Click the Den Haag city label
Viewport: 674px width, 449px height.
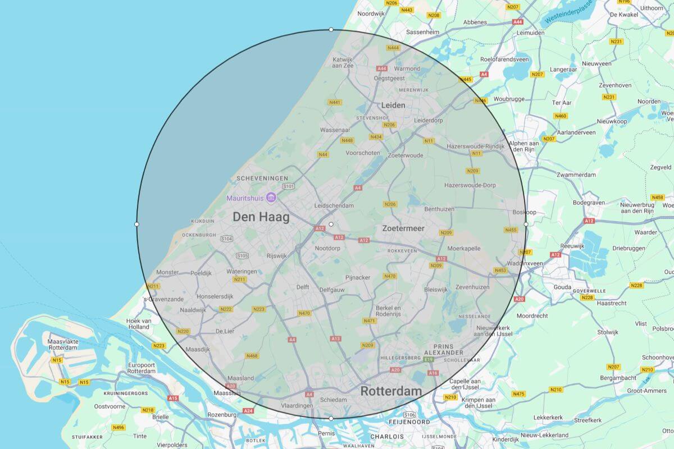pyautogui.click(x=261, y=217)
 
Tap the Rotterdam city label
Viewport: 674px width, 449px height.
pyautogui.click(x=391, y=391)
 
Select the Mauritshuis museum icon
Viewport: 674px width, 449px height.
pyautogui.click(x=271, y=198)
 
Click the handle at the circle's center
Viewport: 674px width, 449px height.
pyautogui.click(x=331, y=224)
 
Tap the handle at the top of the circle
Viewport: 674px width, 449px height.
pyautogui.click(x=331, y=29)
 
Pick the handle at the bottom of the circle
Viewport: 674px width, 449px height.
pyautogui.click(x=331, y=418)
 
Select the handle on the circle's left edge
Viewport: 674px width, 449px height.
pyautogui.click(x=136, y=224)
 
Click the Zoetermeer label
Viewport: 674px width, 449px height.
pyautogui.click(x=403, y=228)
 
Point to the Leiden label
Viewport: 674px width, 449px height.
pyautogui.click(x=393, y=105)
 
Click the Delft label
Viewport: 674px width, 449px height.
pyautogui.click(x=302, y=287)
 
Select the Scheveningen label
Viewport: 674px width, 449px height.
pyautogui.click(x=262, y=178)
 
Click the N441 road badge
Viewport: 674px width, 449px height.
pyautogui.click(x=335, y=102)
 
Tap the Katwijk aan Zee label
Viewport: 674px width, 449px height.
pyautogui.click(x=343, y=62)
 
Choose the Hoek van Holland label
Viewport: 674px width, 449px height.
pyautogui.click(x=139, y=323)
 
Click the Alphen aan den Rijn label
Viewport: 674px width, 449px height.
pyautogui.click(x=523, y=147)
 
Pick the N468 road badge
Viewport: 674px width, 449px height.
pyautogui.click(x=252, y=356)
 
